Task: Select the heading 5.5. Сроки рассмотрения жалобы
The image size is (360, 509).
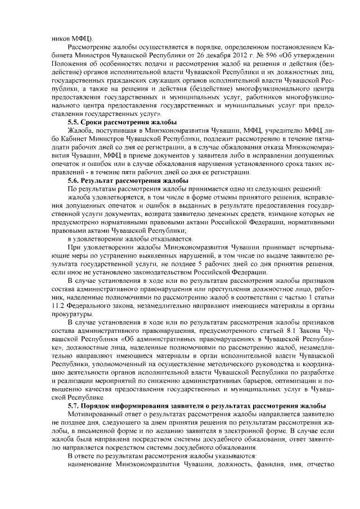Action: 122,121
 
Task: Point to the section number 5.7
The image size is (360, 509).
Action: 75,406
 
